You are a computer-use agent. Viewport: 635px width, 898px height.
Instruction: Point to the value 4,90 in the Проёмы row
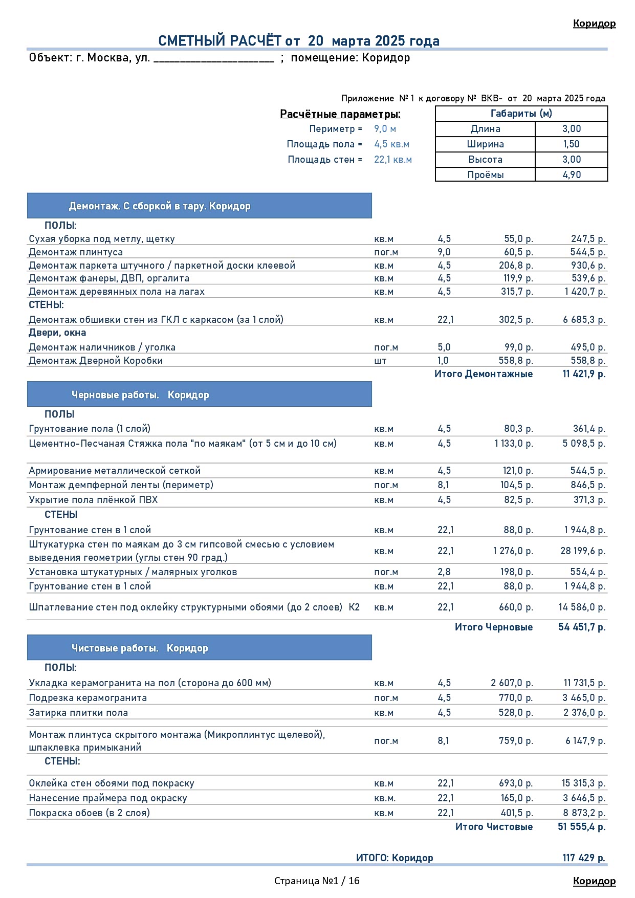point(572,174)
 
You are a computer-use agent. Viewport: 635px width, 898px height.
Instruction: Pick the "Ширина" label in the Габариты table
point(485,144)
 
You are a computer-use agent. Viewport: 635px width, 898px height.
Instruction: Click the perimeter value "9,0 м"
point(385,129)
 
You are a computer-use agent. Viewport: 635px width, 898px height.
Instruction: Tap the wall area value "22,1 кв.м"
point(392,160)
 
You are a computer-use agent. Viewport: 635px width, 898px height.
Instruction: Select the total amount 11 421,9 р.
point(583,374)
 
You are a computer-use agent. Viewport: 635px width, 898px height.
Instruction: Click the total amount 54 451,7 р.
point(581,627)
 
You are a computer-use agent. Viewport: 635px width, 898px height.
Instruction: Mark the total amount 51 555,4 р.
point(581,827)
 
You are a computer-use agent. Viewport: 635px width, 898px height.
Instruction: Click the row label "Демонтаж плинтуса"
point(76,252)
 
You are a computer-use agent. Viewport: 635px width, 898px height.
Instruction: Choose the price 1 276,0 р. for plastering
point(513,551)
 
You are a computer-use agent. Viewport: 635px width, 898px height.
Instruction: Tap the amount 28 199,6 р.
point(582,551)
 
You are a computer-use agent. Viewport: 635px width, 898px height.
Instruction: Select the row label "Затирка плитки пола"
point(78,713)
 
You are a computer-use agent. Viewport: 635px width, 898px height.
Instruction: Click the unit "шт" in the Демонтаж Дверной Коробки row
point(380,361)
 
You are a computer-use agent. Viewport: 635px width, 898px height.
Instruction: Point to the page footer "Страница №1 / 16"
point(317,881)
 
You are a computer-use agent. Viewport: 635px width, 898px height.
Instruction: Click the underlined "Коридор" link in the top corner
point(594,24)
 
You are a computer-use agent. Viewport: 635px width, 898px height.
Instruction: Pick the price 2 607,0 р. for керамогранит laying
point(512,683)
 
